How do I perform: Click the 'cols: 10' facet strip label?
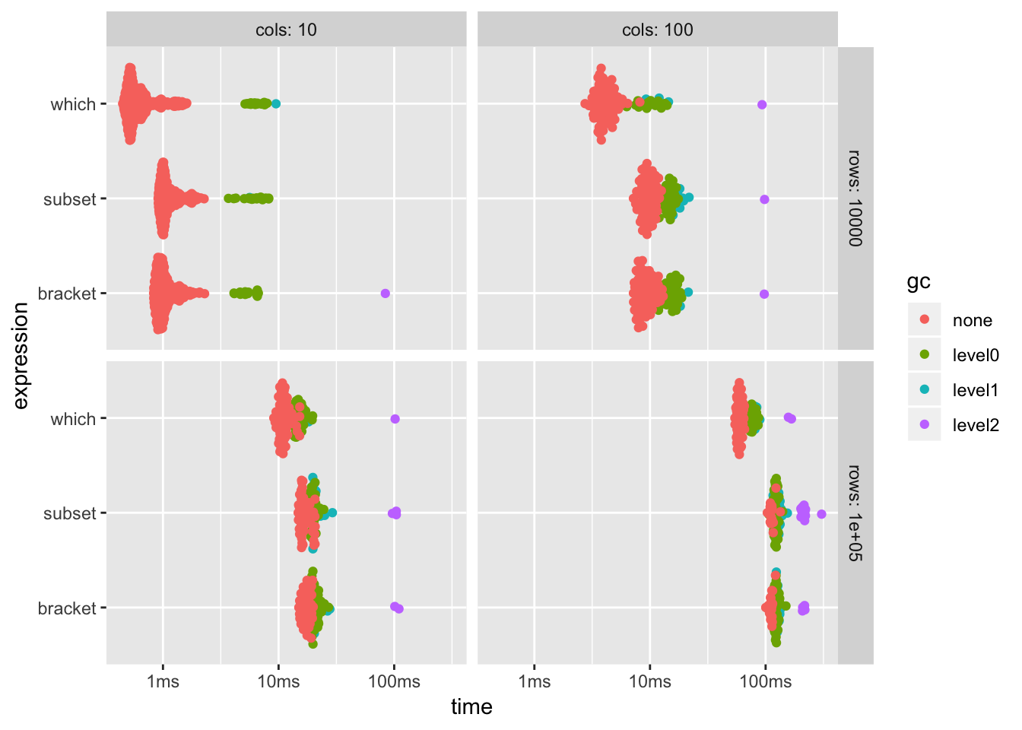pos(286,30)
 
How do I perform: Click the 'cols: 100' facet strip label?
pos(657,30)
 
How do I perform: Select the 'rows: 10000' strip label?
pos(855,198)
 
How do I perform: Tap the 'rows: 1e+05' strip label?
pos(855,513)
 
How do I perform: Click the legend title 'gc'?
pos(919,281)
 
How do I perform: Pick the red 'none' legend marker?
pos(925,319)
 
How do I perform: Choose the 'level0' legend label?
pos(976,355)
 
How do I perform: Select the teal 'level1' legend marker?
pos(925,389)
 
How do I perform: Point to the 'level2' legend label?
pos(976,425)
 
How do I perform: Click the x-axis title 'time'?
pos(471,707)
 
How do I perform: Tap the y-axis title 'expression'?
pos(21,356)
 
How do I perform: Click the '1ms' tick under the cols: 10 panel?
pos(163,682)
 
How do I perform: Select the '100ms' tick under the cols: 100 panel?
pos(765,682)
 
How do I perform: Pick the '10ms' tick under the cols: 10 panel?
pos(278,682)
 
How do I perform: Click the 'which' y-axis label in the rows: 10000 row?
pos(73,104)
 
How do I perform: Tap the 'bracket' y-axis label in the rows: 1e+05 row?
pos(67,608)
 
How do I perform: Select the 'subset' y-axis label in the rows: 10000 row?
pos(70,199)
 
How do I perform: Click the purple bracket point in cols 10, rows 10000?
pos(385,294)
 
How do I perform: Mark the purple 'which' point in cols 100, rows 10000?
pos(762,105)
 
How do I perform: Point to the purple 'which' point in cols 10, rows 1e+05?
pos(395,419)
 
